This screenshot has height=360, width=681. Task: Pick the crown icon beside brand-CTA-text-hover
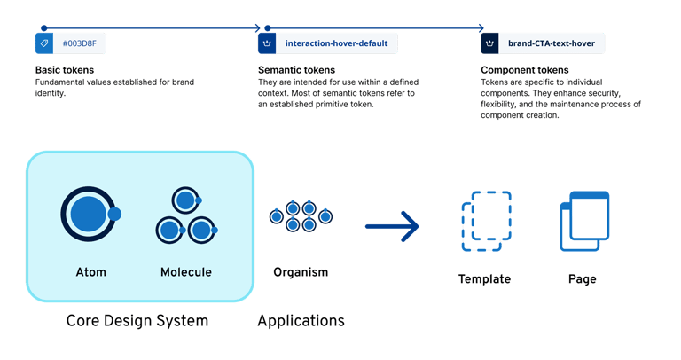point(489,43)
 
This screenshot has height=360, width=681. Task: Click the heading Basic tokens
point(65,69)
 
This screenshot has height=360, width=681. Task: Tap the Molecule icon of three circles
point(184,216)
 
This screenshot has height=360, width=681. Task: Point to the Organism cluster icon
point(301,216)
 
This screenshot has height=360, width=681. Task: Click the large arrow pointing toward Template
point(392,226)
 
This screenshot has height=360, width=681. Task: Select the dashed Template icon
point(485,218)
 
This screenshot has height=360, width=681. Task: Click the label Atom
point(91,271)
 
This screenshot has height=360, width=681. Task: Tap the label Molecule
point(186,271)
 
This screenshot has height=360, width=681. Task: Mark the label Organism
point(301,271)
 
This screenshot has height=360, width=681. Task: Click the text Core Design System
point(137,320)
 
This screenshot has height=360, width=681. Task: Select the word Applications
point(301,320)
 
